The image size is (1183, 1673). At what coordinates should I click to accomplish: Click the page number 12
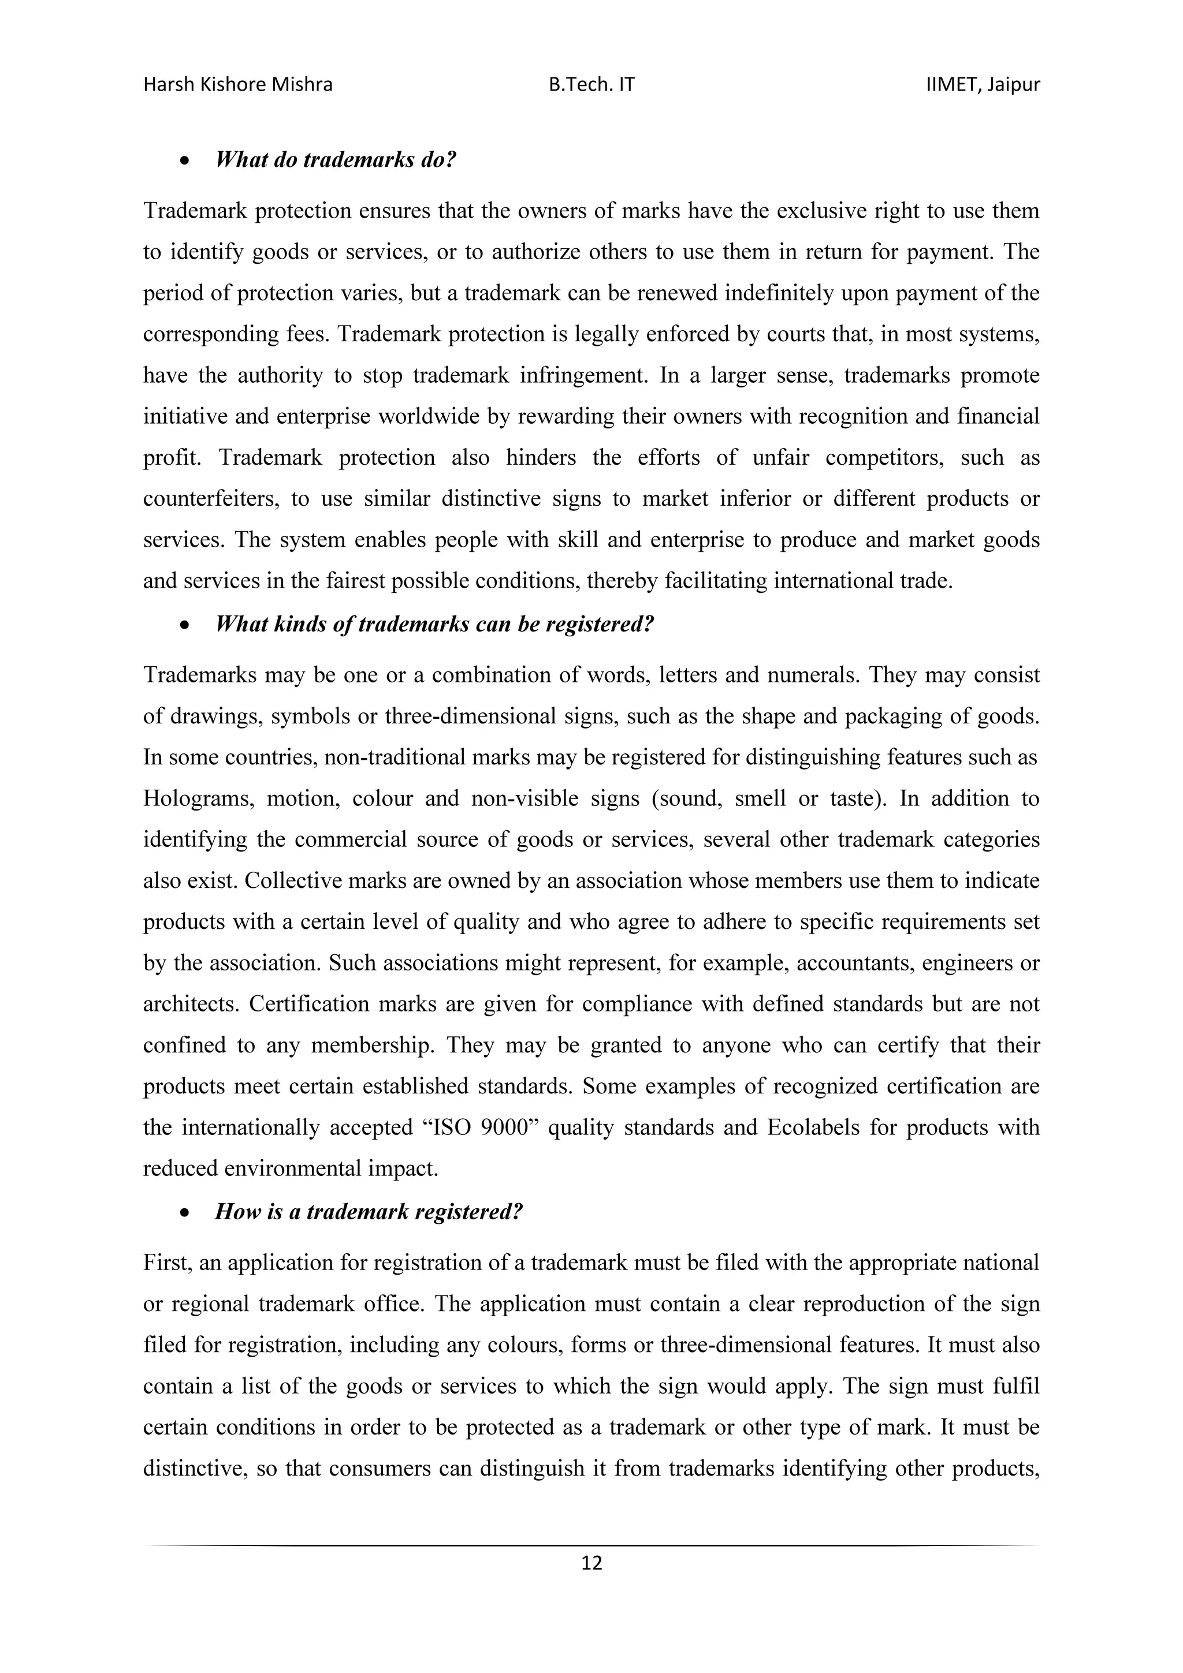591,1563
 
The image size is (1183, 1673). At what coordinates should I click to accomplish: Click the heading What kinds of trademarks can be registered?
434,625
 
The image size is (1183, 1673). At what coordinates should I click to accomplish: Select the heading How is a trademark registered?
369,1212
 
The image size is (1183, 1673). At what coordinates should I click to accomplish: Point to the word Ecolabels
811,1128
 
